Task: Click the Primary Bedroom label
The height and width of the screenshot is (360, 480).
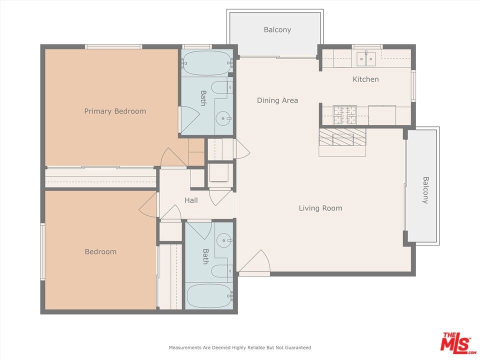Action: pyautogui.click(x=115, y=111)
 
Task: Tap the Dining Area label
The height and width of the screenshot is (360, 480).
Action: pyautogui.click(x=277, y=100)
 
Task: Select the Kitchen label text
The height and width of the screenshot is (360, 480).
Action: pyautogui.click(x=365, y=79)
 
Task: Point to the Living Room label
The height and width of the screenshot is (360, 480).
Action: pyautogui.click(x=320, y=208)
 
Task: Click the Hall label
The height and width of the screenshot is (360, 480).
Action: pyautogui.click(x=191, y=200)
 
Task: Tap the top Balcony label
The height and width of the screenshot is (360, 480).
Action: pyautogui.click(x=277, y=29)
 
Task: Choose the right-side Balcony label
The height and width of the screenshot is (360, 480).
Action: pyautogui.click(x=425, y=190)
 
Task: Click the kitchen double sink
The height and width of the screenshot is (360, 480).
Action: pyautogui.click(x=366, y=59)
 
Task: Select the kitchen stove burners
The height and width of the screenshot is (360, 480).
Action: pyautogui.click(x=345, y=115)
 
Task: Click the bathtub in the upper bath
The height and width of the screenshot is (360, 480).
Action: pyautogui.click(x=206, y=63)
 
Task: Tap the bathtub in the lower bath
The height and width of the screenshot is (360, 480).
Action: pyautogui.click(x=209, y=296)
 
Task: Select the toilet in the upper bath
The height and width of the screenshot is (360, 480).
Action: pyautogui.click(x=221, y=87)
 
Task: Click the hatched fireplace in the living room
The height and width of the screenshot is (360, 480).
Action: pyautogui.click(x=342, y=137)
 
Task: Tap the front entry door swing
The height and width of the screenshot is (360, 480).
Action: pyautogui.click(x=254, y=261)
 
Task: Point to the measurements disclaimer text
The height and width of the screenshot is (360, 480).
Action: pyautogui.click(x=240, y=347)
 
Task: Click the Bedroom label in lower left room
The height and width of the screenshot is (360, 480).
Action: pyautogui.click(x=100, y=251)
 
